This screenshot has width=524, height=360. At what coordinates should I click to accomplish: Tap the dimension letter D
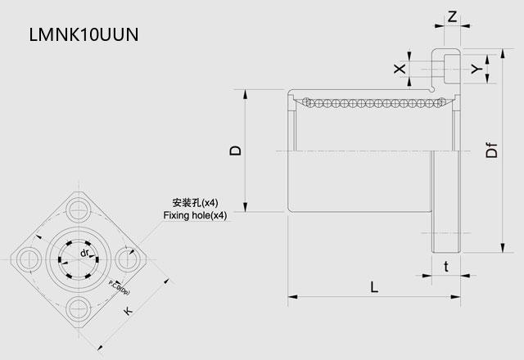236,151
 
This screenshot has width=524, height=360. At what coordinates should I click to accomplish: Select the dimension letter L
373,287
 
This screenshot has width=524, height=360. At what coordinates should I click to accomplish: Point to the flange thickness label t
445,266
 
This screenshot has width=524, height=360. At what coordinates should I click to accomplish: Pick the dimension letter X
400,69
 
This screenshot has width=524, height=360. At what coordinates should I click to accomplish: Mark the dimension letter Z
453,16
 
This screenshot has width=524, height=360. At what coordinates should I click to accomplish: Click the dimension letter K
127,311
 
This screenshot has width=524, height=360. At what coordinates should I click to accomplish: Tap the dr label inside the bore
84,257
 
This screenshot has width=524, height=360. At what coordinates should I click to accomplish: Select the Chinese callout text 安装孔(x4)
195,202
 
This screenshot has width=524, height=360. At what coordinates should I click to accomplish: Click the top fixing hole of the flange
79,205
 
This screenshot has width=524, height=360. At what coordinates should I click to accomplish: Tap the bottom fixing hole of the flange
79,309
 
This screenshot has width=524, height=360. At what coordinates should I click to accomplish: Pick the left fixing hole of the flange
27,257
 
